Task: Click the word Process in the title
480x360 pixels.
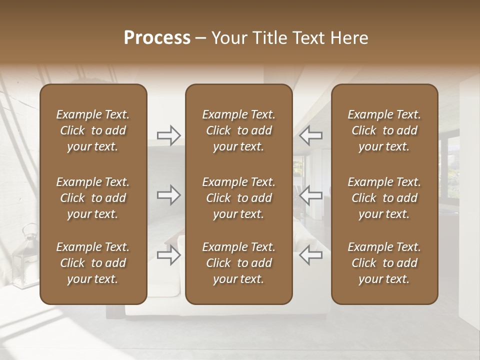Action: point(157,38)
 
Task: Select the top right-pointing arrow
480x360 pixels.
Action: point(169,135)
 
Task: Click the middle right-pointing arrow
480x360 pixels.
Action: point(169,195)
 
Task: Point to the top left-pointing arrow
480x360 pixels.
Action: point(311,135)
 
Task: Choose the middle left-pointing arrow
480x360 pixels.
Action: point(311,195)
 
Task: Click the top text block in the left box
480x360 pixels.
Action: point(93,130)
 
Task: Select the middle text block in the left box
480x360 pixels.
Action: point(93,198)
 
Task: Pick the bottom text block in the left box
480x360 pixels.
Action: point(93,263)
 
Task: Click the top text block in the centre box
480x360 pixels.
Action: point(238,130)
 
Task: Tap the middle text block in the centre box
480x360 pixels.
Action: point(238,198)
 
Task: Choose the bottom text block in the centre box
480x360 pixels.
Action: point(238,263)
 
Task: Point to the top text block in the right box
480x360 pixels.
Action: point(384,130)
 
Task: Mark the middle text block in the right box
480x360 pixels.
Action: point(384,198)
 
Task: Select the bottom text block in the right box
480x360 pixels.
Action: point(384,263)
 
